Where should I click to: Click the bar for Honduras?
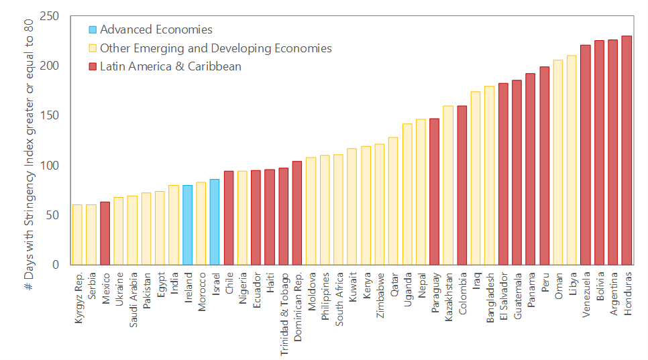627,150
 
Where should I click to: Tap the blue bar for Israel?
215,222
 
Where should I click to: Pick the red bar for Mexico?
105,233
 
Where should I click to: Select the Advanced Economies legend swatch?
93,29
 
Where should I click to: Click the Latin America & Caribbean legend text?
170,66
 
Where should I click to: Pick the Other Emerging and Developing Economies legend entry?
215,48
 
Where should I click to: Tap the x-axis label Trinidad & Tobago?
284,307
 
